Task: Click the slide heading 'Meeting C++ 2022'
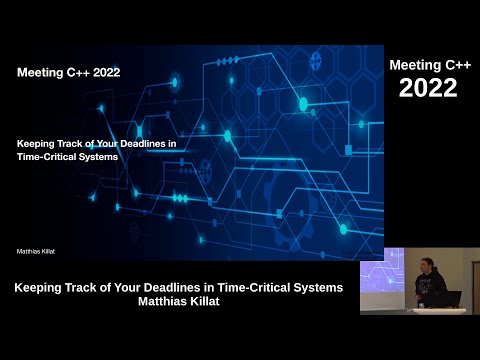68,72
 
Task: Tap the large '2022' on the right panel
428,88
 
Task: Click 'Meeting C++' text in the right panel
429,65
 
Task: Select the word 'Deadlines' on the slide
139,143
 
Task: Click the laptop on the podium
449,299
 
